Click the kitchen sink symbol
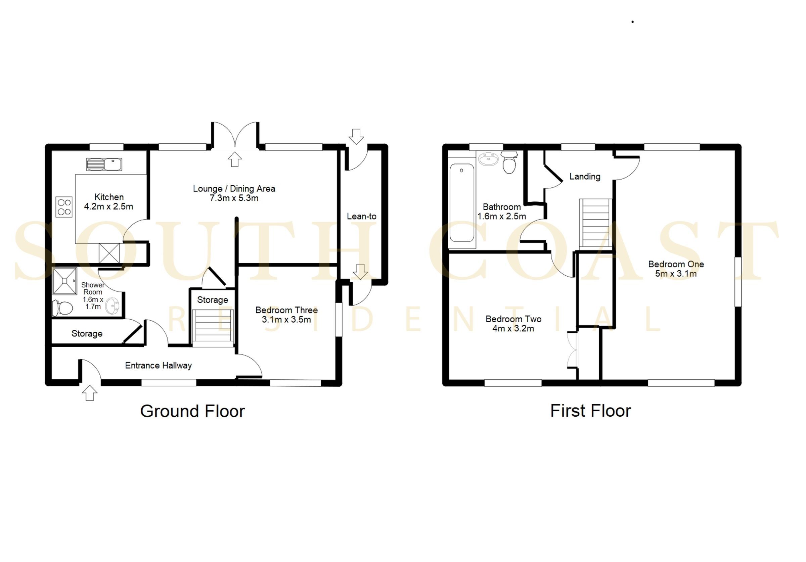pyautogui.click(x=104, y=164)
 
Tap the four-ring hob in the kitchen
pyautogui.click(x=64, y=207)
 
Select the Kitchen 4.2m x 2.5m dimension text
pyautogui.click(x=108, y=206)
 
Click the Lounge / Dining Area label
pyautogui.click(x=234, y=188)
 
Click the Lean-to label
pyautogui.click(x=361, y=216)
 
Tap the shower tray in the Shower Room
pyautogui.click(x=64, y=281)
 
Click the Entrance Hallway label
pyautogui.click(x=158, y=365)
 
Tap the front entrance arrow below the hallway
pyautogui.click(x=90, y=393)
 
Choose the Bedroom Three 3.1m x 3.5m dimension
pyautogui.click(x=286, y=319)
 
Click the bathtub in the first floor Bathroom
pyautogui.click(x=462, y=203)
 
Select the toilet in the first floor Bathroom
pyautogui.click(x=509, y=162)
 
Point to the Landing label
pyautogui.click(x=584, y=176)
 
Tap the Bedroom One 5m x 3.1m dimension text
pyautogui.click(x=675, y=274)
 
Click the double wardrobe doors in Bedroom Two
pyautogui.click(x=572, y=349)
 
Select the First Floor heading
pyautogui.click(x=590, y=411)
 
